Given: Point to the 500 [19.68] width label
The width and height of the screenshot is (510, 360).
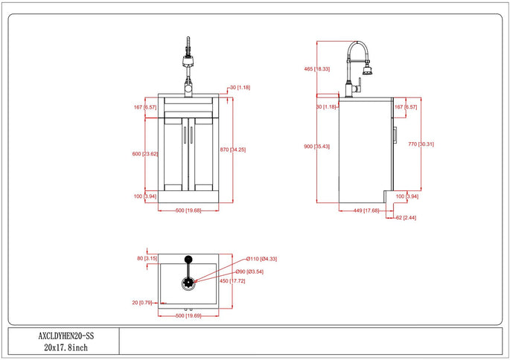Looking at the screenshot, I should [188, 210].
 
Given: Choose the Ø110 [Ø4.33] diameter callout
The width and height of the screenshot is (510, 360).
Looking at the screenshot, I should [261, 259].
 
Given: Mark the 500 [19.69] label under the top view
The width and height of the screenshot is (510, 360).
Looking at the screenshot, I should [188, 315].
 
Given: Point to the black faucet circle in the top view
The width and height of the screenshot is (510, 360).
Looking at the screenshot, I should [188, 260].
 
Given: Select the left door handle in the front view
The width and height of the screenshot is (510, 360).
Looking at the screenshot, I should [184, 133].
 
